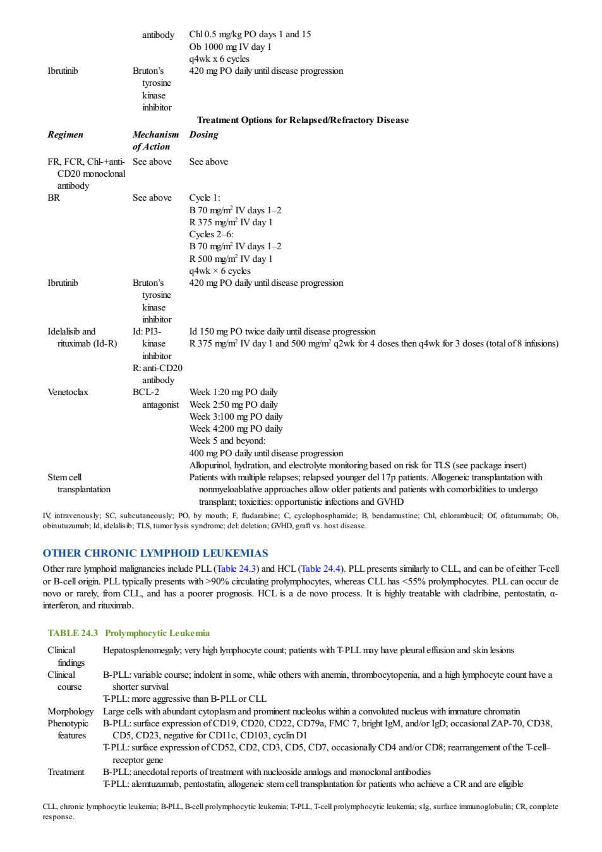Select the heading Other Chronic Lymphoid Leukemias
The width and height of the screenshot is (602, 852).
coord(155,553)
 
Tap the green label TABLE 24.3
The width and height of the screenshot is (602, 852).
coord(73,633)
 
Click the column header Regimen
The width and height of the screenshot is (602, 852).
coord(66,134)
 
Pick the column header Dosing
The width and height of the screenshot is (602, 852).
coord(203,134)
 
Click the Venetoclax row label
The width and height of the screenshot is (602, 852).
coord(68,392)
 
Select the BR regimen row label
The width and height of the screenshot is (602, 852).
coord(54,198)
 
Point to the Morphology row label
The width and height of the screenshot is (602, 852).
coord(71,711)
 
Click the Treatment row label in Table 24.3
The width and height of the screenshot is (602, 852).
coord(66,772)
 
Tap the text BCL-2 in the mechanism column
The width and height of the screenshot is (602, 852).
coord(146,392)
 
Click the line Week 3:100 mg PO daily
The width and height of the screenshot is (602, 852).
coord(236,417)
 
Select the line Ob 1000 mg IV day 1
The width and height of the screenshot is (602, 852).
coord(230,47)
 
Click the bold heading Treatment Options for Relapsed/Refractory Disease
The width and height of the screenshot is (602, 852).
coord(303,120)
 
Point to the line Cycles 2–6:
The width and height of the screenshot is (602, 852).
coord(212,234)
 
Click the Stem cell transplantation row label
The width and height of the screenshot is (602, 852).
coord(79,483)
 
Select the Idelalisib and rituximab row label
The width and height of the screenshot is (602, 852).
coord(82,338)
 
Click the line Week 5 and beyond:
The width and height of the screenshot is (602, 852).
coord(227,441)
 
